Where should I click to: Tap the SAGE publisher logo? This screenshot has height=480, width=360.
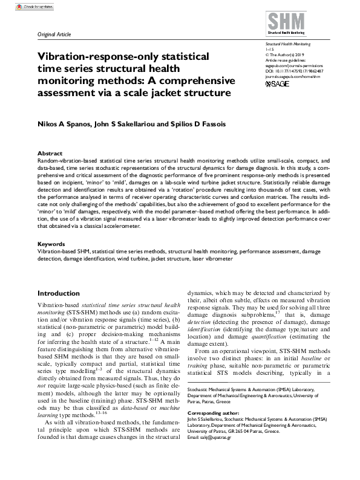(278, 83)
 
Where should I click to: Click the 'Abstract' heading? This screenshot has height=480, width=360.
(50, 154)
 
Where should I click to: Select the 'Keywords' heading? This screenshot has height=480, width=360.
(51, 244)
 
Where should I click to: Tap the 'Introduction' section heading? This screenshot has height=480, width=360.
(58, 293)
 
